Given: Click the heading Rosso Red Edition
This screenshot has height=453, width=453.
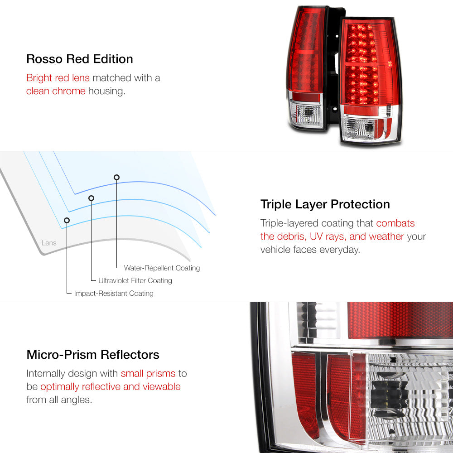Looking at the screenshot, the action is pos(80,59).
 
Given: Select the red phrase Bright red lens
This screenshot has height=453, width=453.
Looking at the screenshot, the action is pos(58,78).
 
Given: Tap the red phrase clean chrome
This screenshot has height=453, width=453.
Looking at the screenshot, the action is pos(56,91).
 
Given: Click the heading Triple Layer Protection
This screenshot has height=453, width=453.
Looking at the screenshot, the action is pos(325,205).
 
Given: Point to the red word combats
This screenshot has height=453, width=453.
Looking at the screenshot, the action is pos(395,223).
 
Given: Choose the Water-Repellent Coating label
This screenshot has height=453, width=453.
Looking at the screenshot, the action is pos(162,268).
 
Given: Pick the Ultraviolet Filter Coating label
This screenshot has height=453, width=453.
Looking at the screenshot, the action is pos(135,280).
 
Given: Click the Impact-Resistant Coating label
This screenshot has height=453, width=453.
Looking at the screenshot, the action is pos(114,294).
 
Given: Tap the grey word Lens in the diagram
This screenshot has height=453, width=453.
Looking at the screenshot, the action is pos(49,243).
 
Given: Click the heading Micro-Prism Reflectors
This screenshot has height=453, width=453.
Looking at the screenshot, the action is pos(93,355).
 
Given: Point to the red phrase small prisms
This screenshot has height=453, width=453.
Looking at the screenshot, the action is pos(148,374).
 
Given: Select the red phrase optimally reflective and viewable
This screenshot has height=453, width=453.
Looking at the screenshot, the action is pos(111,387).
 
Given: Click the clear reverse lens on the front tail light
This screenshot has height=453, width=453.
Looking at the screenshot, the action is pos(358,129).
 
